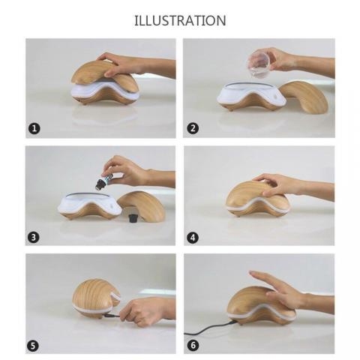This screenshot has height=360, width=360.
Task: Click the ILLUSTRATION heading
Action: (x=180, y=20)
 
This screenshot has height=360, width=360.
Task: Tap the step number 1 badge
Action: (x=34, y=128)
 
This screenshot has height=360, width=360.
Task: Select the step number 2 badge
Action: (x=193, y=128)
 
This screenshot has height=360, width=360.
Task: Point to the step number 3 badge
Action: (x=34, y=237)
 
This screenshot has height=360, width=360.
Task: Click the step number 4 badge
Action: (x=193, y=238)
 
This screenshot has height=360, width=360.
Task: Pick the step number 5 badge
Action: (x=33, y=346)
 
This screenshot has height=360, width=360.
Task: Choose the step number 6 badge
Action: (x=193, y=346)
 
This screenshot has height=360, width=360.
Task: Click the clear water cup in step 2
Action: (x=259, y=64)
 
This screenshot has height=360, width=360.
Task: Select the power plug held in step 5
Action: (x=111, y=316)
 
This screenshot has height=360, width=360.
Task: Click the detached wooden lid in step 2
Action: (x=304, y=96)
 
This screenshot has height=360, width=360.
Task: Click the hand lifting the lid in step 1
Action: (x=136, y=64)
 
